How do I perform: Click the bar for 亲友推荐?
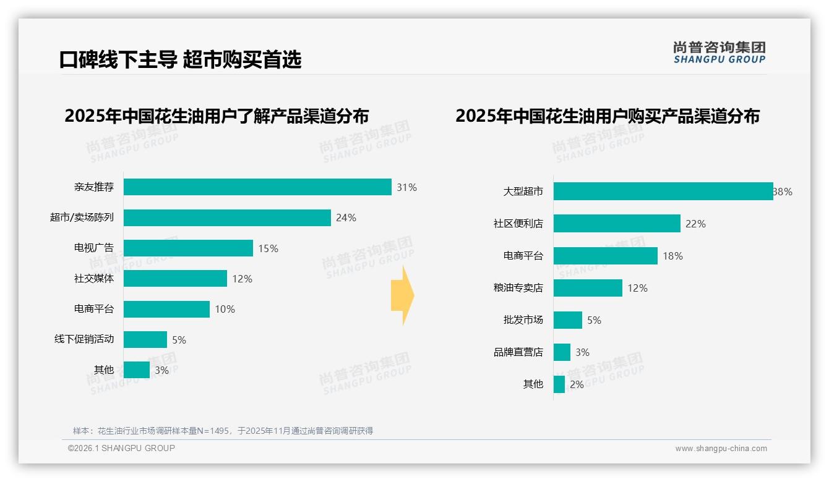(257, 187)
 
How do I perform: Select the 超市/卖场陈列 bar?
(227, 218)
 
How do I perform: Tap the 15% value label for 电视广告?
(268, 248)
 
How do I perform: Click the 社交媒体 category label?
(94, 279)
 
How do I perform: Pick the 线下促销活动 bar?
(145, 340)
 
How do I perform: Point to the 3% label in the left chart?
(161, 370)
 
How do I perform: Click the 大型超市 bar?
(663, 192)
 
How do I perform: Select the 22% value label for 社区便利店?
(695, 224)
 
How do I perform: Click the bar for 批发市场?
(568, 320)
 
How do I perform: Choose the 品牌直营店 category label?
(518, 352)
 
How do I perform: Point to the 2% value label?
(577, 384)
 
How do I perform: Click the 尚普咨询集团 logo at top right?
(719, 53)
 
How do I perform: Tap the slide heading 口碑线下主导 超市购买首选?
(180, 59)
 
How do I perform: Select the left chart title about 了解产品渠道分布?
(217, 116)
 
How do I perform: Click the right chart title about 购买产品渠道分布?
(608, 116)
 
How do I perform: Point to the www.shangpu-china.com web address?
(721, 449)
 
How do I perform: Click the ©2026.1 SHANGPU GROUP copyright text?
(121, 448)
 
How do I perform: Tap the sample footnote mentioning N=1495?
(223, 431)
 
